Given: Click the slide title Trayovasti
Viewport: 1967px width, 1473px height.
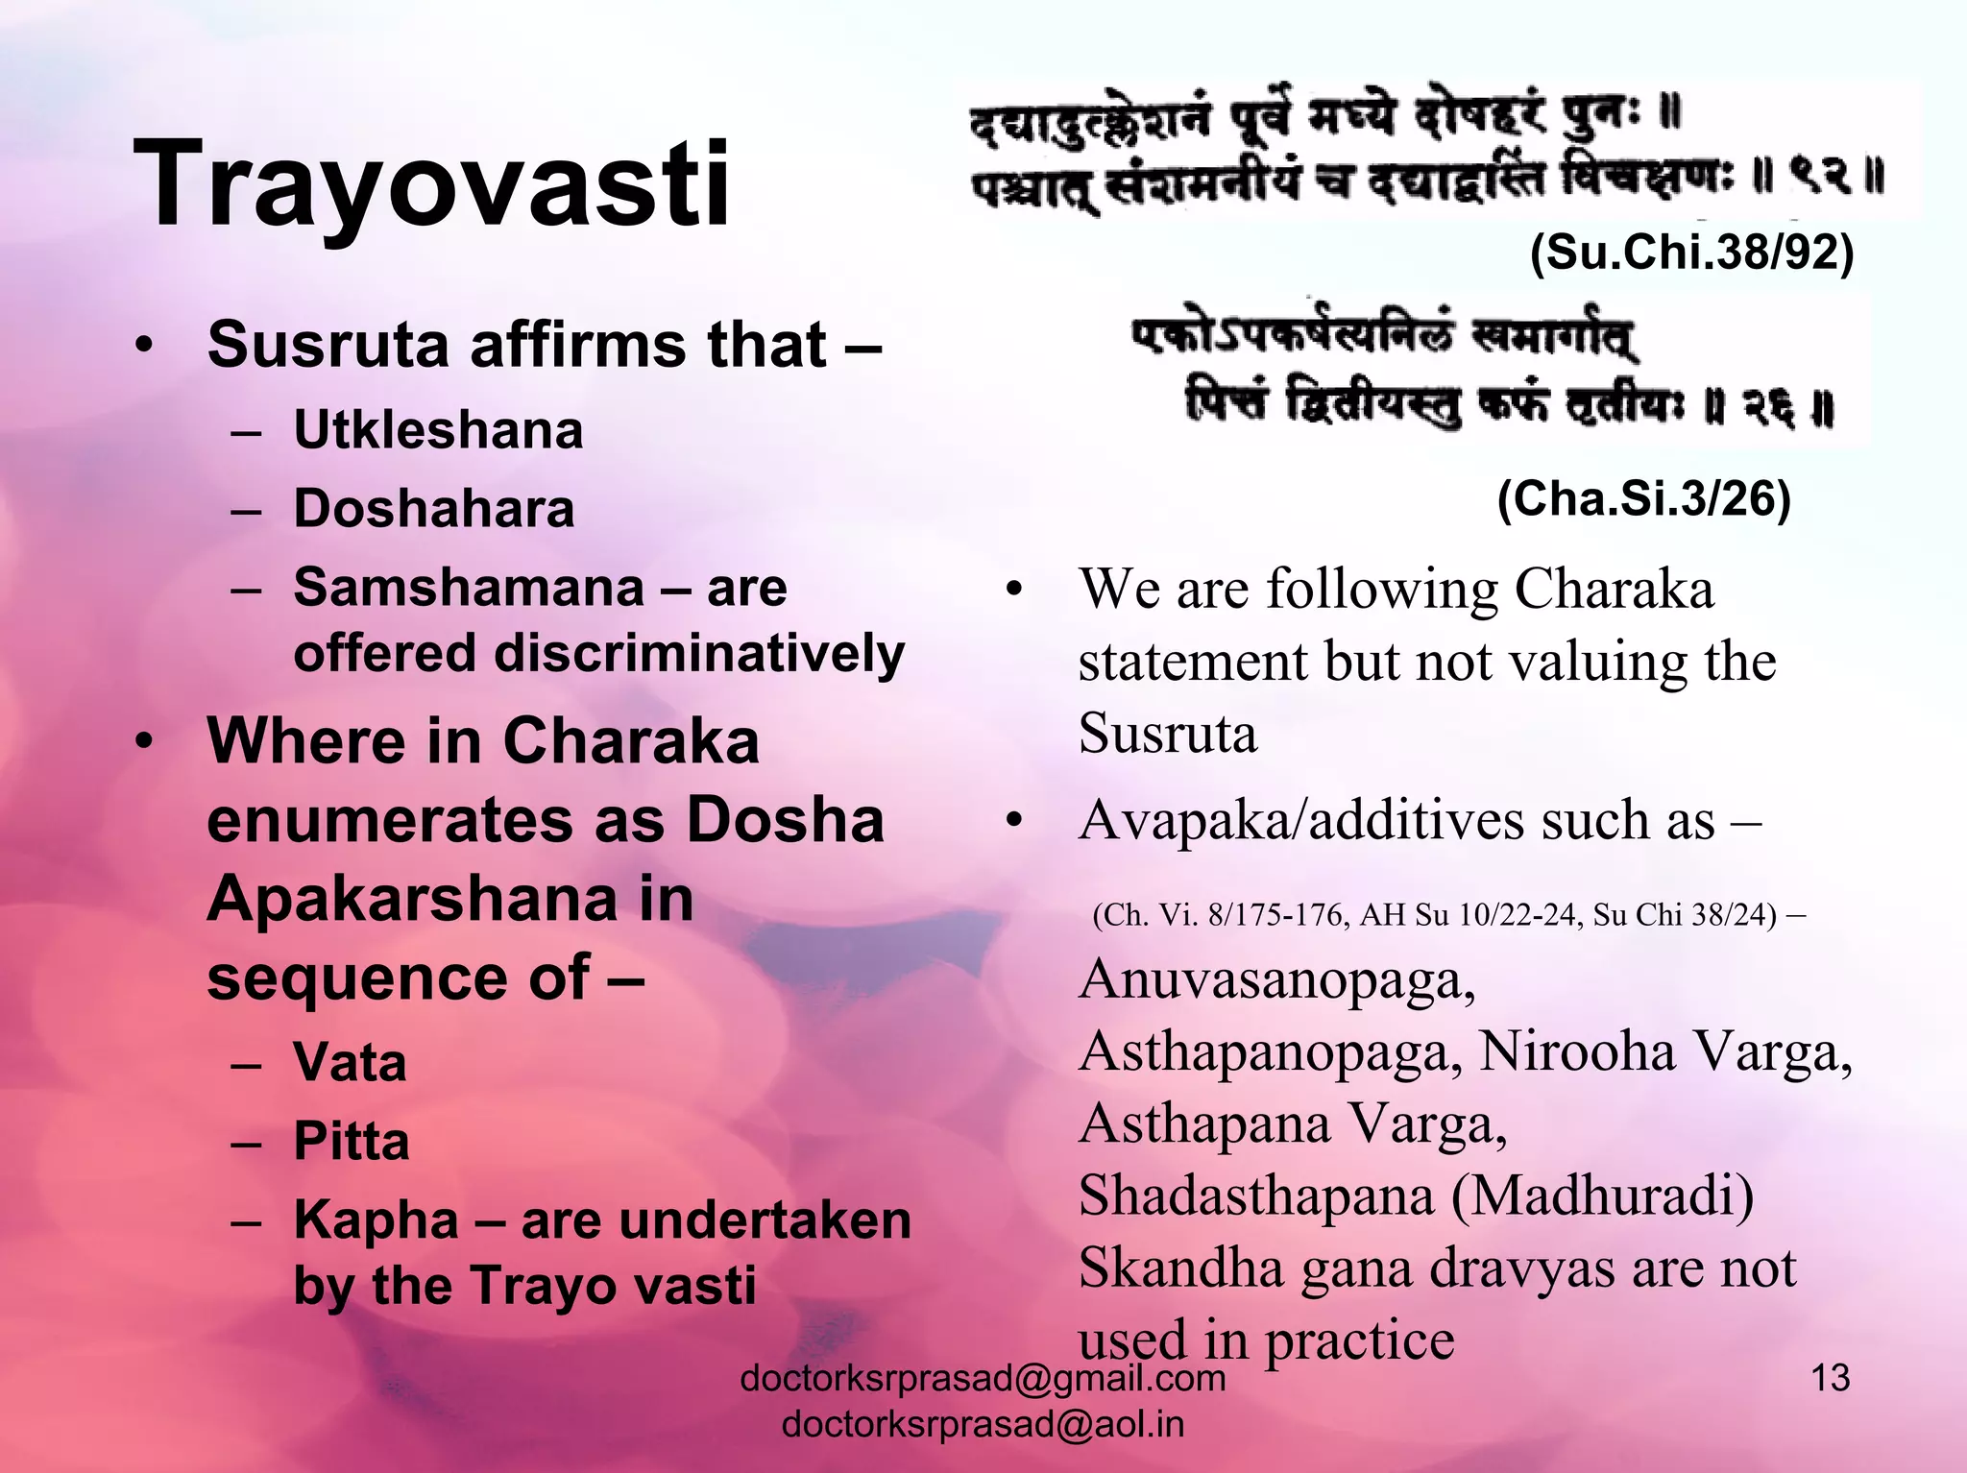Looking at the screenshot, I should [x=431, y=182].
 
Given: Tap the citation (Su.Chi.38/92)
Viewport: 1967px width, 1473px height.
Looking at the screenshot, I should [x=1691, y=254].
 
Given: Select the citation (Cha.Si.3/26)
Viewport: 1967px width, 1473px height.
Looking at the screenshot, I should [x=1643, y=498].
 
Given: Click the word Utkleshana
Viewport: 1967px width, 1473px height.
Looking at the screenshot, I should [x=438, y=430].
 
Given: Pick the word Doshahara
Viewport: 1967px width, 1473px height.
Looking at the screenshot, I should [x=434, y=509].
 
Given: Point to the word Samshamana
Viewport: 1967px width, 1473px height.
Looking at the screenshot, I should [x=469, y=587].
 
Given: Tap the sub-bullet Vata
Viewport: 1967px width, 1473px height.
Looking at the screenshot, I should [x=350, y=1063].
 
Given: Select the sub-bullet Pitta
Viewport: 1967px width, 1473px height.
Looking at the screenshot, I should [x=352, y=1142].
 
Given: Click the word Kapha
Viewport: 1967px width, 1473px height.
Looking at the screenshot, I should [x=376, y=1221].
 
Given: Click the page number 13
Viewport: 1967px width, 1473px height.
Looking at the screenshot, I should [x=1830, y=1378].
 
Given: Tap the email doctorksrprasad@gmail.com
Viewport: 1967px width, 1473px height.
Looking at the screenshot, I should [x=983, y=1379].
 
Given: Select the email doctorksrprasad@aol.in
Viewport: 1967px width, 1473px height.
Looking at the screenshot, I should [x=983, y=1424].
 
